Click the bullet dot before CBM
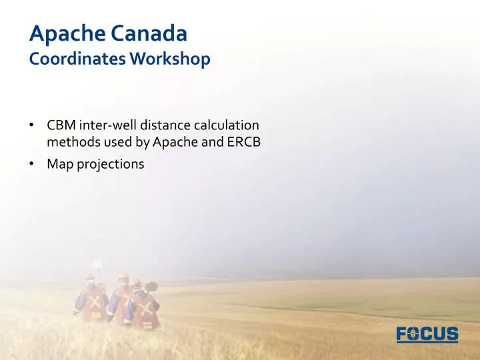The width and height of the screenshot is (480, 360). pyautogui.click(x=32, y=125)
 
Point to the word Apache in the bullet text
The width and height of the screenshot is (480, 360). pyautogui.click(x=172, y=141)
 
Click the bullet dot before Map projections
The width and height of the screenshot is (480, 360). pyautogui.click(x=32, y=164)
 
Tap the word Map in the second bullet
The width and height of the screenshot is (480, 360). pyautogui.click(x=58, y=163)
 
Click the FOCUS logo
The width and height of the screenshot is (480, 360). pyautogui.click(x=427, y=333)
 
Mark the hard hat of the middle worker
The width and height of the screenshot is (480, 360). pyautogui.click(x=123, y=274)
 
